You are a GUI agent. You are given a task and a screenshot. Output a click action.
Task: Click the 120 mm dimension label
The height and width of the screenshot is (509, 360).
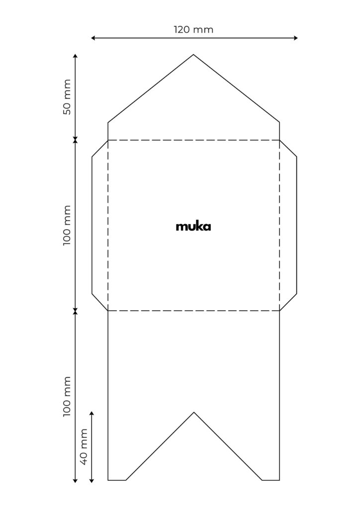point(193,29)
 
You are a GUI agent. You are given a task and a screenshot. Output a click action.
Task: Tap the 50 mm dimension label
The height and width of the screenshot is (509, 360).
point(67,97)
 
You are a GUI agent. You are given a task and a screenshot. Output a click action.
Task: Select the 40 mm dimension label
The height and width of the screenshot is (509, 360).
point(84,447)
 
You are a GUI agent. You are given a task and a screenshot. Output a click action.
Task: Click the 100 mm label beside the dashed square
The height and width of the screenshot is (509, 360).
point(67,225)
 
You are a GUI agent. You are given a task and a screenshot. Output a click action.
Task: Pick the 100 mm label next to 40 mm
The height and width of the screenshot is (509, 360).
point(67,396)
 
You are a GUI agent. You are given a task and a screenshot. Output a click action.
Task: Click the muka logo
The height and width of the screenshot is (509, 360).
point(193,226)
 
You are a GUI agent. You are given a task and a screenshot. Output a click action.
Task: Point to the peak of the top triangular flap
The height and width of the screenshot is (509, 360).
point(193,55)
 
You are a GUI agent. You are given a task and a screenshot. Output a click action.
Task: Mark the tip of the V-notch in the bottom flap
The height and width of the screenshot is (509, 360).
point(194,412)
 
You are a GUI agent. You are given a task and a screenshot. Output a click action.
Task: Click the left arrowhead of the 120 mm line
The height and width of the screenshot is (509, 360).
point(92,38)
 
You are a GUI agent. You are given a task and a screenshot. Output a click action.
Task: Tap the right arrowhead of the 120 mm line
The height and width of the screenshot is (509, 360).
point(296,38)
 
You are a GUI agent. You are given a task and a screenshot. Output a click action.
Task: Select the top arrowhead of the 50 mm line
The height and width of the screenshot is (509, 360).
point(75,56)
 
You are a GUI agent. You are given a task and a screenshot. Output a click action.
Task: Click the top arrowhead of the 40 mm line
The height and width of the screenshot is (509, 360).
point(91,413)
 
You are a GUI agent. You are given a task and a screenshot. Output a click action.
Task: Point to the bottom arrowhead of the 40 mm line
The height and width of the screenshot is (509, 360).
point(91,481)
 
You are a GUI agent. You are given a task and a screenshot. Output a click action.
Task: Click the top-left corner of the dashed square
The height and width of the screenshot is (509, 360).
point(108,140)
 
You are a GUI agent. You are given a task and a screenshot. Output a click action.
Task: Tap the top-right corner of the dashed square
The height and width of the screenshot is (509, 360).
point(279,140)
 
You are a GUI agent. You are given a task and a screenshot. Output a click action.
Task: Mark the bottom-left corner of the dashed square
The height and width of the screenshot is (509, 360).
point(108,311)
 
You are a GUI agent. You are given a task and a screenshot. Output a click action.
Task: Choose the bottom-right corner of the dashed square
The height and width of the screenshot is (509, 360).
point(279,311)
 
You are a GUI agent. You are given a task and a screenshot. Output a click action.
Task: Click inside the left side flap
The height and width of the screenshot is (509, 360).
point(100,225)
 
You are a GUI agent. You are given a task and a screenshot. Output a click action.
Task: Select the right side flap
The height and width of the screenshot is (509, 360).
point(288,225)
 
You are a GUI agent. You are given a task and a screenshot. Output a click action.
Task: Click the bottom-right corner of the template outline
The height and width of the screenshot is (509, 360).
point(279,480)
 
